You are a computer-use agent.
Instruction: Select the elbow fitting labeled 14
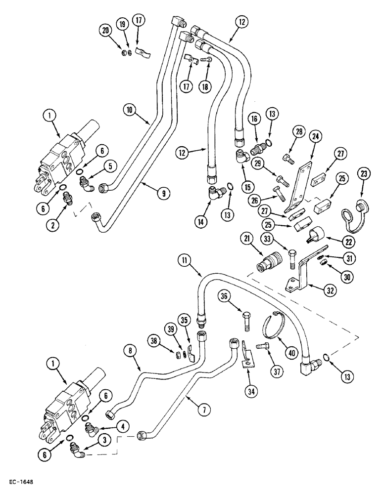click(213, 190)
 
